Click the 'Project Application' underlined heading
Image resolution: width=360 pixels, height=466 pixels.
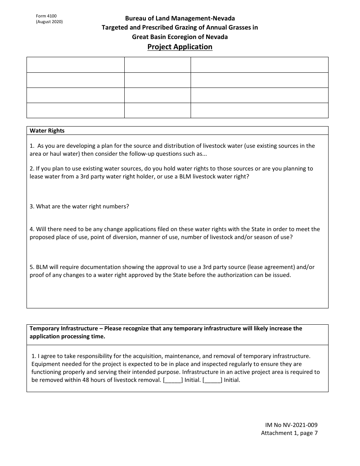coord(180,47)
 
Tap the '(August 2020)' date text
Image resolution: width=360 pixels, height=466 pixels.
coord(49,22)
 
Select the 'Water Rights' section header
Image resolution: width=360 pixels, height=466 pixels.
coord(47,131)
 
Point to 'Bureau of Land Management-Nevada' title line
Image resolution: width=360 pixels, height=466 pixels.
coord(180,18)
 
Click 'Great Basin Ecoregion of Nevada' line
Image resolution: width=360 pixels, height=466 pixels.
coord(180,37)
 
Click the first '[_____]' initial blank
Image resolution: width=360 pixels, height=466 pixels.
coord(172,380)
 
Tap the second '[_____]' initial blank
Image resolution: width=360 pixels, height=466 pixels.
coord(212,380)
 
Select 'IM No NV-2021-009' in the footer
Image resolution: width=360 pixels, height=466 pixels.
coord(289,425)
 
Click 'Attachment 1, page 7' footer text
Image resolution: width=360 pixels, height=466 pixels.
coord(289,433)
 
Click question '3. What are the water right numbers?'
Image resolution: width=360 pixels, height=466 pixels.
coord(79,206)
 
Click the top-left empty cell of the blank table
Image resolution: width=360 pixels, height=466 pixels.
coord(75,65)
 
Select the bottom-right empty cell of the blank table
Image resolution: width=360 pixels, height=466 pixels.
coord(259,110)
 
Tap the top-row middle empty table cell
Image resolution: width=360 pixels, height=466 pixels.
coord(157,65)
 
